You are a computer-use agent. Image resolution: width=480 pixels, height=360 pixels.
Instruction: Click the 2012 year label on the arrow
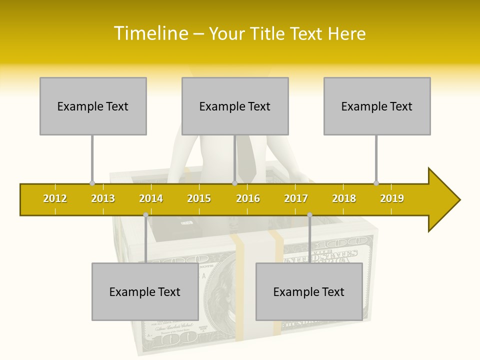55,198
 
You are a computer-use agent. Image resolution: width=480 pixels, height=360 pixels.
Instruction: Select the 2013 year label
103,198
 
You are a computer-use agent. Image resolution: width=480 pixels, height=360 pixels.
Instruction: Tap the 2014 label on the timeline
151,198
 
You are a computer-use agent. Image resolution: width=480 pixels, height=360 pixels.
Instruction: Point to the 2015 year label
199,198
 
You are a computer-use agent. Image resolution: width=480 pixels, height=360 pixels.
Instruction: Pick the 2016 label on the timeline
248,198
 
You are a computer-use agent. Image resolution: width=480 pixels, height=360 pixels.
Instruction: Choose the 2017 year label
296,198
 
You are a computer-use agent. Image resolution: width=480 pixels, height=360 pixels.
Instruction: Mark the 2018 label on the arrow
344,198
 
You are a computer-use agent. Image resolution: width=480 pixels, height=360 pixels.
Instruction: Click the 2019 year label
392,198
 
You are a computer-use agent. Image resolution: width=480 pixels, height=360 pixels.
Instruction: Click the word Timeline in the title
150,33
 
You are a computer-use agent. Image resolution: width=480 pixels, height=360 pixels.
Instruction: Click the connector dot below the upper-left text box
92,183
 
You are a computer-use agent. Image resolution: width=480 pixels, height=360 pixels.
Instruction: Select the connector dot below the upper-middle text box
234,183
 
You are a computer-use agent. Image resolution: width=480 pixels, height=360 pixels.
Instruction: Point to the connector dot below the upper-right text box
376,183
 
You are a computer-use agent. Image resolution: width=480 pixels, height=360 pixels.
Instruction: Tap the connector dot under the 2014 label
145,215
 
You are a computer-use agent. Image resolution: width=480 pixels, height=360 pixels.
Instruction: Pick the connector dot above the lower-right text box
309,215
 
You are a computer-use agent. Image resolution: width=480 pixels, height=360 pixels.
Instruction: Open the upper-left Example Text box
93,106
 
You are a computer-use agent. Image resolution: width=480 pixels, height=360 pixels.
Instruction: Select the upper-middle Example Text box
235,106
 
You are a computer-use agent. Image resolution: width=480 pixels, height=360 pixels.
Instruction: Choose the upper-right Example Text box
377,106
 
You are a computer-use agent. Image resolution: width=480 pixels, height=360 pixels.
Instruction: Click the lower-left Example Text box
145,292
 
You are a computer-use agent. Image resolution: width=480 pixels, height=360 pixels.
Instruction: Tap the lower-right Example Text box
309,292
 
